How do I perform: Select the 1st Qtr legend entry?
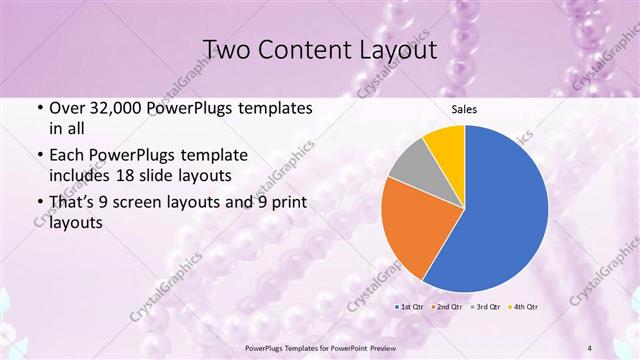click(x=411, y=305)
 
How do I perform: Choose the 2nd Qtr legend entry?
click(x=447, y=305)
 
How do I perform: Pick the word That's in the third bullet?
click(x=75, y=203)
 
